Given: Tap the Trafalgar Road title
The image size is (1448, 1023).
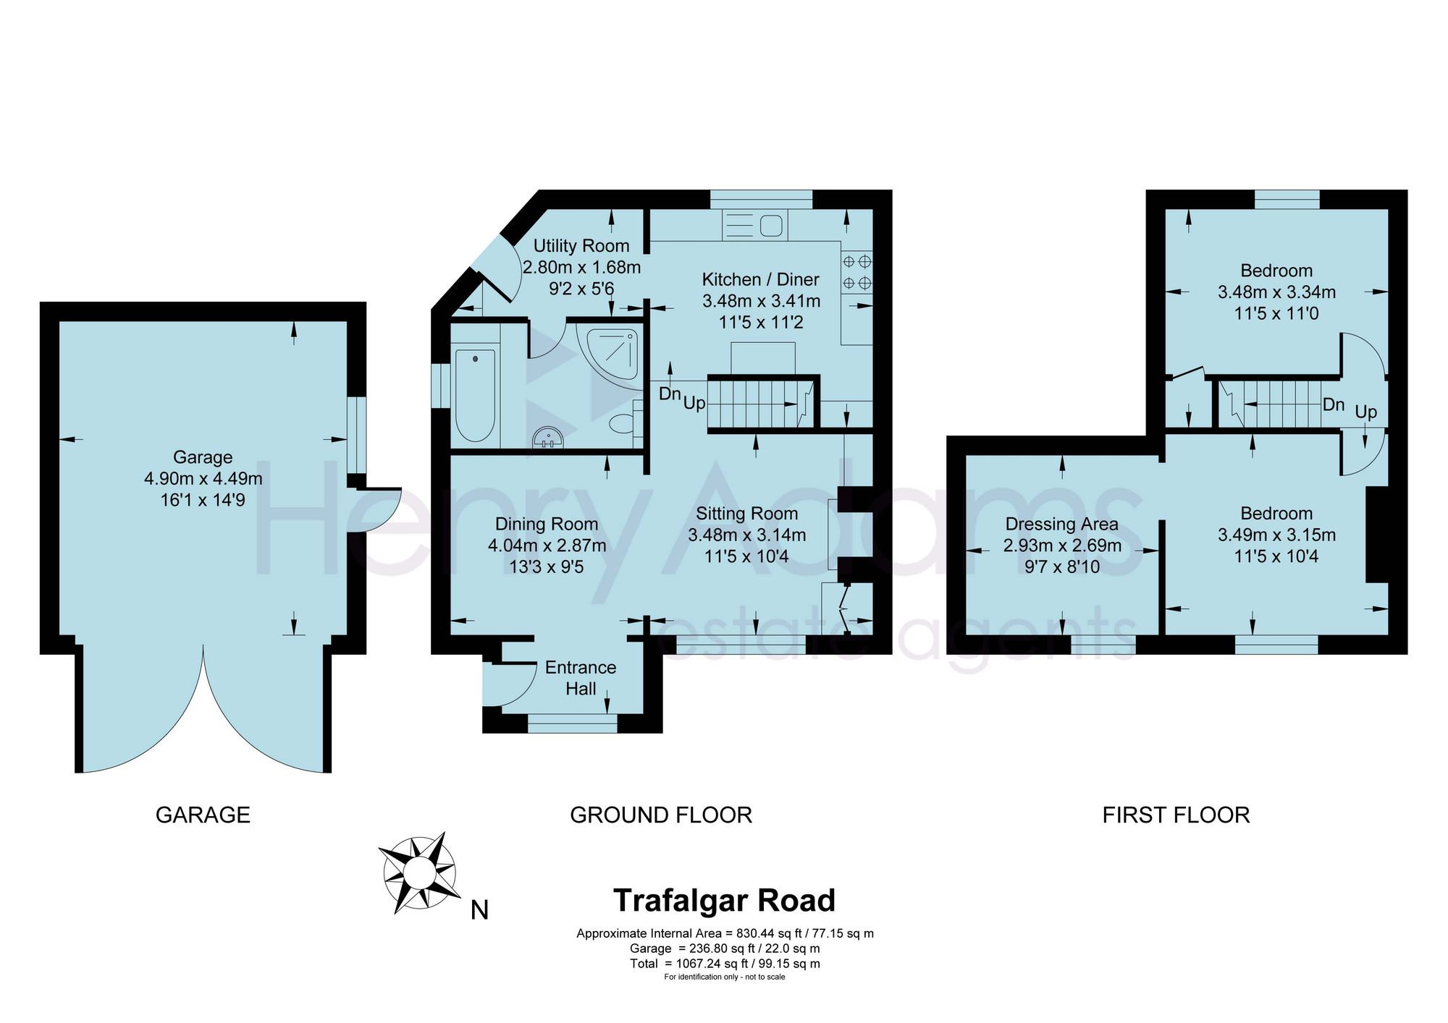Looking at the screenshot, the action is point(724,901).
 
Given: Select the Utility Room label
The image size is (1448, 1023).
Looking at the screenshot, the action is point(581,246).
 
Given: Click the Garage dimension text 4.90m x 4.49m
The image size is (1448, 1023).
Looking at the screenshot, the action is point(203,478).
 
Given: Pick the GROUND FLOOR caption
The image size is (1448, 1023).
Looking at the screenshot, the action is point(661,815).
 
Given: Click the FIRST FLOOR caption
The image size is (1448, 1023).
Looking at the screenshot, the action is point(1176,815).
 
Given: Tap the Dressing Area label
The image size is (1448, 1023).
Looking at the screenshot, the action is point(1062,524).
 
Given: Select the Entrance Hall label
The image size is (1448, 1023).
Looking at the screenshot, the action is point(581,678).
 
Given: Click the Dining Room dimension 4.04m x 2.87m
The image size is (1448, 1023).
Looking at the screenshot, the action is point(547,546).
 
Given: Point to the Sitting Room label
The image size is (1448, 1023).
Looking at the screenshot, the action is point(747,514).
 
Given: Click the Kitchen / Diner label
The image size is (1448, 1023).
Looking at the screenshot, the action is point(761,279).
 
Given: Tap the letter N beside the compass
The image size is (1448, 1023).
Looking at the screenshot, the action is point(479,910).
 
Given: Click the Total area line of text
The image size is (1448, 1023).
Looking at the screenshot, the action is point(725,964).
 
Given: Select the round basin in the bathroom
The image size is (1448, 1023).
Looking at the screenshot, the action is point(548,438).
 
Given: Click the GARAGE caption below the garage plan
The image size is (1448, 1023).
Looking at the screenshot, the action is point(203,815).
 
